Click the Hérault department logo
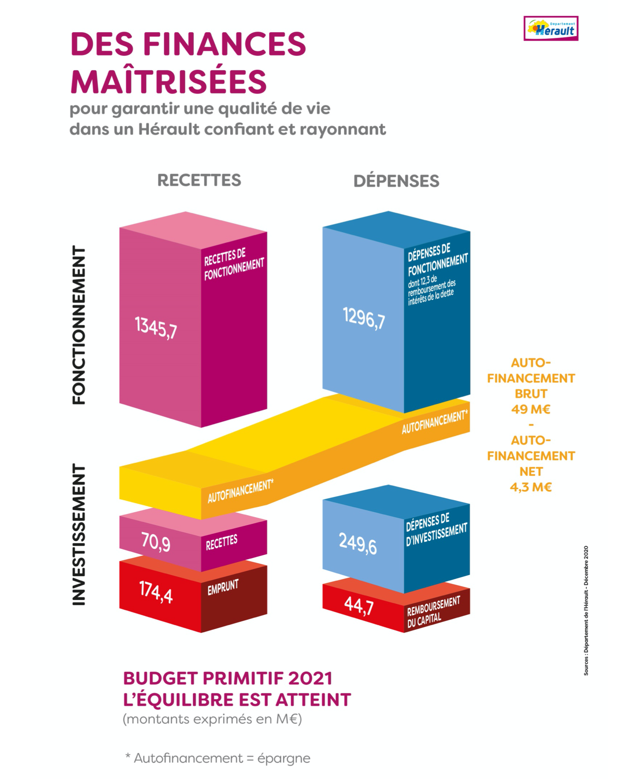(551, 28)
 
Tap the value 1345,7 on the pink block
(156, 327)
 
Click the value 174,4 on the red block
(156, 592)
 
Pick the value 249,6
(358, 544)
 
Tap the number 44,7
(359, 605)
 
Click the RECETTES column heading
(199, 180)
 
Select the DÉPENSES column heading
(396, 181)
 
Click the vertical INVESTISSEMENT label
(79, 534)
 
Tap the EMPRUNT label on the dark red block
(223, 587)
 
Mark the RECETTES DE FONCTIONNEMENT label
(234, 264)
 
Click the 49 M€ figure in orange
(531, 409)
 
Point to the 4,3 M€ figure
(531, 487)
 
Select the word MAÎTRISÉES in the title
(168, 81)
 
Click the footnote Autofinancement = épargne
(218, 758)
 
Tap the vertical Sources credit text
(586, 610)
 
